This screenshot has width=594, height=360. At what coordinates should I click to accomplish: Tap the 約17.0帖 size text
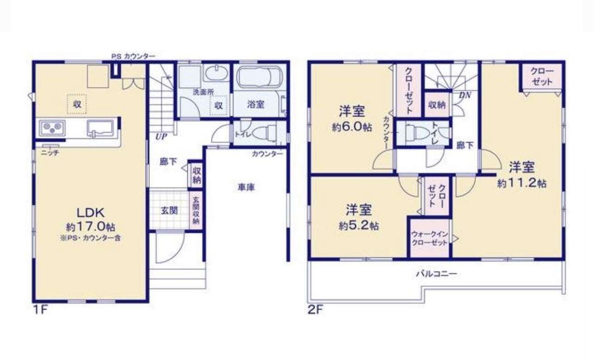point(90,227)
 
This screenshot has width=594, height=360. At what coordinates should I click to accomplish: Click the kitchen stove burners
point(52,128)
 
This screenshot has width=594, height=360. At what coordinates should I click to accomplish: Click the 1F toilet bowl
point(264,132)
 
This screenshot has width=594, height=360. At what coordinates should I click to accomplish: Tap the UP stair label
point(161,137)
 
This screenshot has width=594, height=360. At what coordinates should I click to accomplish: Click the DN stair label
point(465,95)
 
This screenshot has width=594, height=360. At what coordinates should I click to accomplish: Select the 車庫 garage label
point(246,187)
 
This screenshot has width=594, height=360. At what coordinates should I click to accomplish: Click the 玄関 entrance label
point(169,211)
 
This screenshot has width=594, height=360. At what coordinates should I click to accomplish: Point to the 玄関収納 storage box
point(196,210)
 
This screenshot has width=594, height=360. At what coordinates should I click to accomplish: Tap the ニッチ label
point(50,153)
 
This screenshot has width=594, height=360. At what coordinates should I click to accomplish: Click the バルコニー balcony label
point(436,273)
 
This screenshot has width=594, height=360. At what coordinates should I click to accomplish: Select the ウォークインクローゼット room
point(429,238)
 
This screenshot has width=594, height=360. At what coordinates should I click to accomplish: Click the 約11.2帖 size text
point(522,183)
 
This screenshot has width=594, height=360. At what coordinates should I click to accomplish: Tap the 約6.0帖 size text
point(352,127)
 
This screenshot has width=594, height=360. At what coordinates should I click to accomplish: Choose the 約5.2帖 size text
point(359,226)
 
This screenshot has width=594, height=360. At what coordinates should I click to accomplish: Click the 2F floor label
point(315,310)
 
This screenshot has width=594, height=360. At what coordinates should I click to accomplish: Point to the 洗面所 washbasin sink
point(217,73)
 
